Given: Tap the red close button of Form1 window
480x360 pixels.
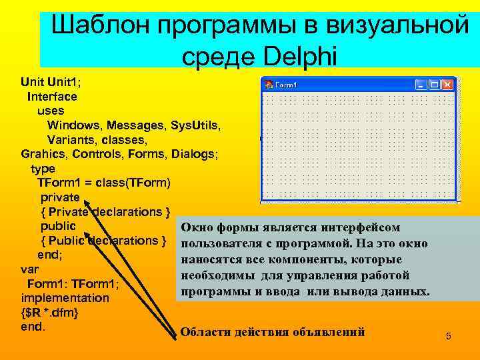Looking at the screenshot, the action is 447,85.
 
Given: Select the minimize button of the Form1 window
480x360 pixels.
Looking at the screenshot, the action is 421,85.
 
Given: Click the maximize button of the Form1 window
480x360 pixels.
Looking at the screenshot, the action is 433,85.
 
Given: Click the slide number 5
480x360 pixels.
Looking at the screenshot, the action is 449,337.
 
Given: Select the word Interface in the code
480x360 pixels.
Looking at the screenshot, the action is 52,96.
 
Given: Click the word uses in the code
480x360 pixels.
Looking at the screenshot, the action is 51,111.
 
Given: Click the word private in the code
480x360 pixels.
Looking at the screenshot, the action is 60,197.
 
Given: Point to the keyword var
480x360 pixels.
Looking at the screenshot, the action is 30,270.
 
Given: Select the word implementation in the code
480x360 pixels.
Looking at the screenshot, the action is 65,298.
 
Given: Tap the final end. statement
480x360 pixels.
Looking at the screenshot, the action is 33,327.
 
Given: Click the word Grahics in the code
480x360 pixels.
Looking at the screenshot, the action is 44,154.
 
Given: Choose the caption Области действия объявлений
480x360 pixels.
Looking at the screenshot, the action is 273,332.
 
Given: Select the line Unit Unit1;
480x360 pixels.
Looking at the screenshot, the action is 50,82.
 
